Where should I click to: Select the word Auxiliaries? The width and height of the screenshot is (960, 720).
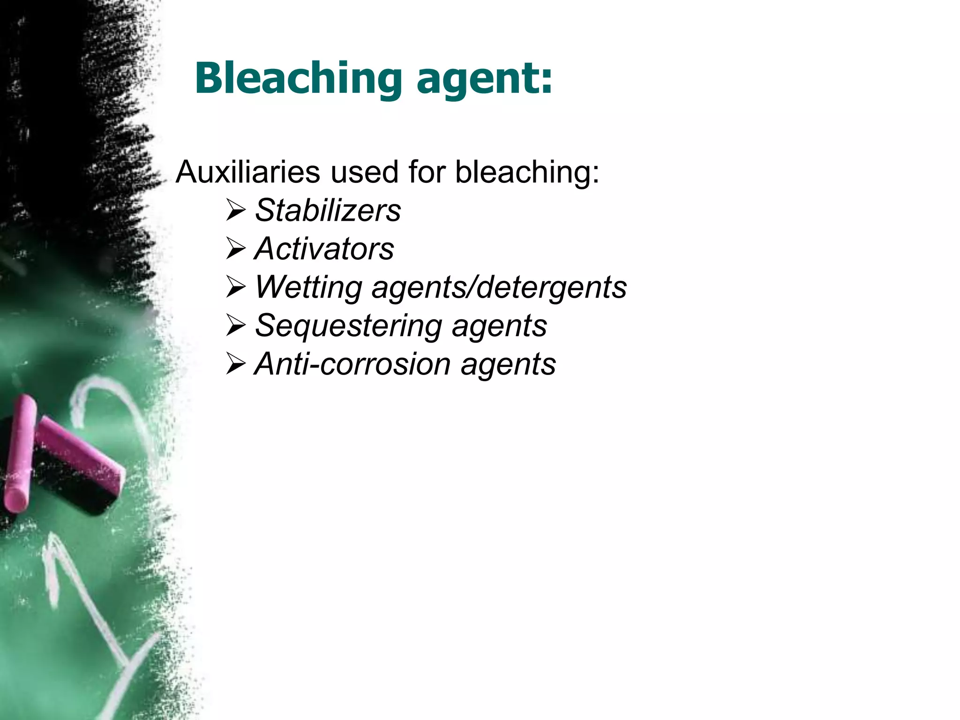248,172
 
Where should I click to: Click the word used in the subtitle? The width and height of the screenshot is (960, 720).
364,172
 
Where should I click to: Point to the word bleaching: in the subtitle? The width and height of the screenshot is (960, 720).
527,172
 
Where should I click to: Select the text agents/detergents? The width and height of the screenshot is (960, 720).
499,287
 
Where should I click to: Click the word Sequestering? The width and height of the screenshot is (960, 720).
348,325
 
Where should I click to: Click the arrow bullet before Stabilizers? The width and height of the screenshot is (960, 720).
235,210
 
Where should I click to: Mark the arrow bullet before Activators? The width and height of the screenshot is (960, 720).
235,249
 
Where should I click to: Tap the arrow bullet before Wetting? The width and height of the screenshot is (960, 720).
235,287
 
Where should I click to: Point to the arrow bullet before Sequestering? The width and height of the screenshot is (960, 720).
235,326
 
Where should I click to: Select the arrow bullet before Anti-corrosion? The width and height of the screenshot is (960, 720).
235,364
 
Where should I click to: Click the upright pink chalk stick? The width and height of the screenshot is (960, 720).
20,452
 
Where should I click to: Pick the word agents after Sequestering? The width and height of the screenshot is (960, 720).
499,326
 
